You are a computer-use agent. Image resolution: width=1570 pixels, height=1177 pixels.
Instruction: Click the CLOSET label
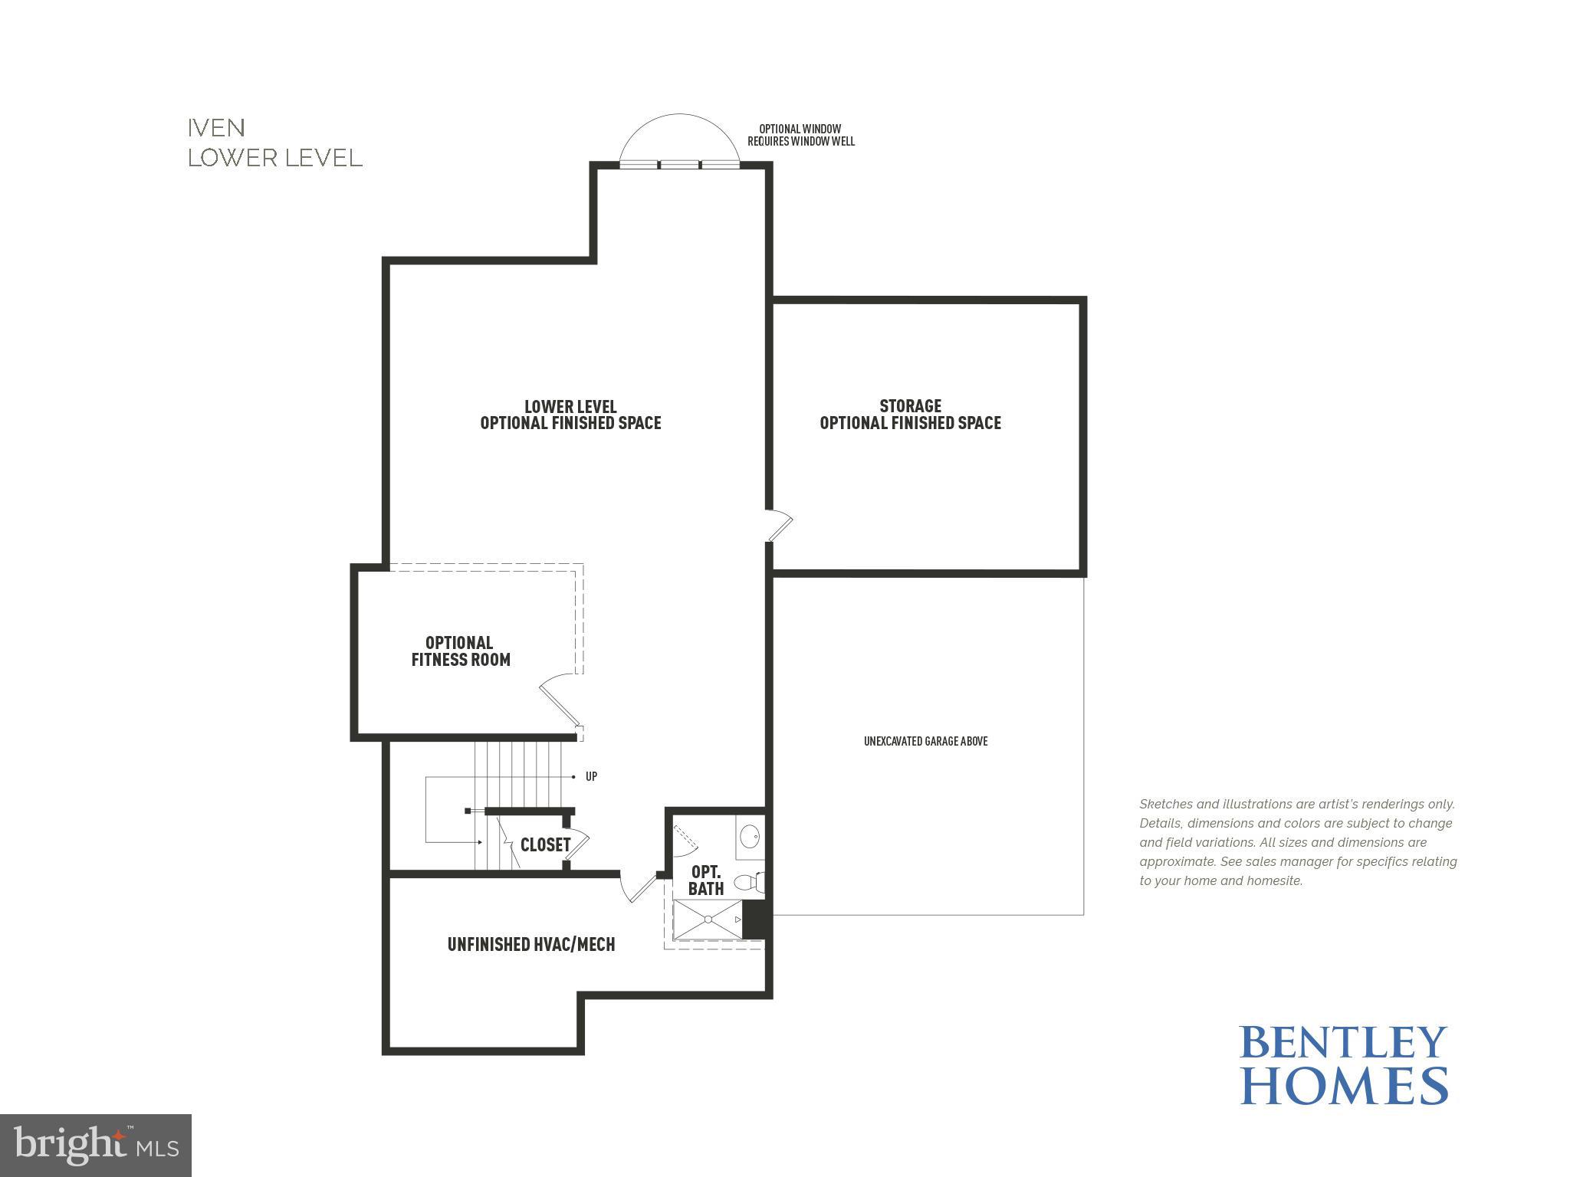[x=545, y=844]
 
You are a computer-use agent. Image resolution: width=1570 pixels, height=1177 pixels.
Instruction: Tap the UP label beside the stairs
[x=591, y=776]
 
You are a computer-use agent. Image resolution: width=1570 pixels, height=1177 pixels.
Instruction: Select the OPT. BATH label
[x=706, y=880]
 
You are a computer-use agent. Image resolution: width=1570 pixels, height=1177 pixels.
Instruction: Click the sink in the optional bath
[x=751, y=835]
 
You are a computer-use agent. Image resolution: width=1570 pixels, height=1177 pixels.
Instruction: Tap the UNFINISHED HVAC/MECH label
[x=531, y=944]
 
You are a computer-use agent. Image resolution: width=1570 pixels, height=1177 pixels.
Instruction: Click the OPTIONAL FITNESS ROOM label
[x=460, y=651]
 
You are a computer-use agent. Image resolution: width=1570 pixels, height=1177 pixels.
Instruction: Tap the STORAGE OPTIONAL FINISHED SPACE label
[x=910, y=415]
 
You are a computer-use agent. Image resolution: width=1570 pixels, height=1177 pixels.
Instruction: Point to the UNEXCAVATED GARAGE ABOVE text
[x=925, y=741]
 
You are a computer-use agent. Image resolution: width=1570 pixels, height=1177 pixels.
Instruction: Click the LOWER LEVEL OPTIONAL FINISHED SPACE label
[x=570, y=415]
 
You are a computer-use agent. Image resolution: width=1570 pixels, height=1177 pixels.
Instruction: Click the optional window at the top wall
[x=679, y=163]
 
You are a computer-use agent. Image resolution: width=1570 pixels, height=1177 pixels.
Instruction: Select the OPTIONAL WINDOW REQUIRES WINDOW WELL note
[x=800, y=135]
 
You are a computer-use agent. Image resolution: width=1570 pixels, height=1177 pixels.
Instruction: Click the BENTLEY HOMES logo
[x=1343, y=1064]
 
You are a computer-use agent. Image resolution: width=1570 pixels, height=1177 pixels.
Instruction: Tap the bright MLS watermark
[x=96, y=1145]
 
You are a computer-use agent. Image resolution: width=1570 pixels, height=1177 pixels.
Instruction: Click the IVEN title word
[x=216, y=127]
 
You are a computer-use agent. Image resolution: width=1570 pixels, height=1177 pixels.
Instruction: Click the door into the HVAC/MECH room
[x=639, y=888]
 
